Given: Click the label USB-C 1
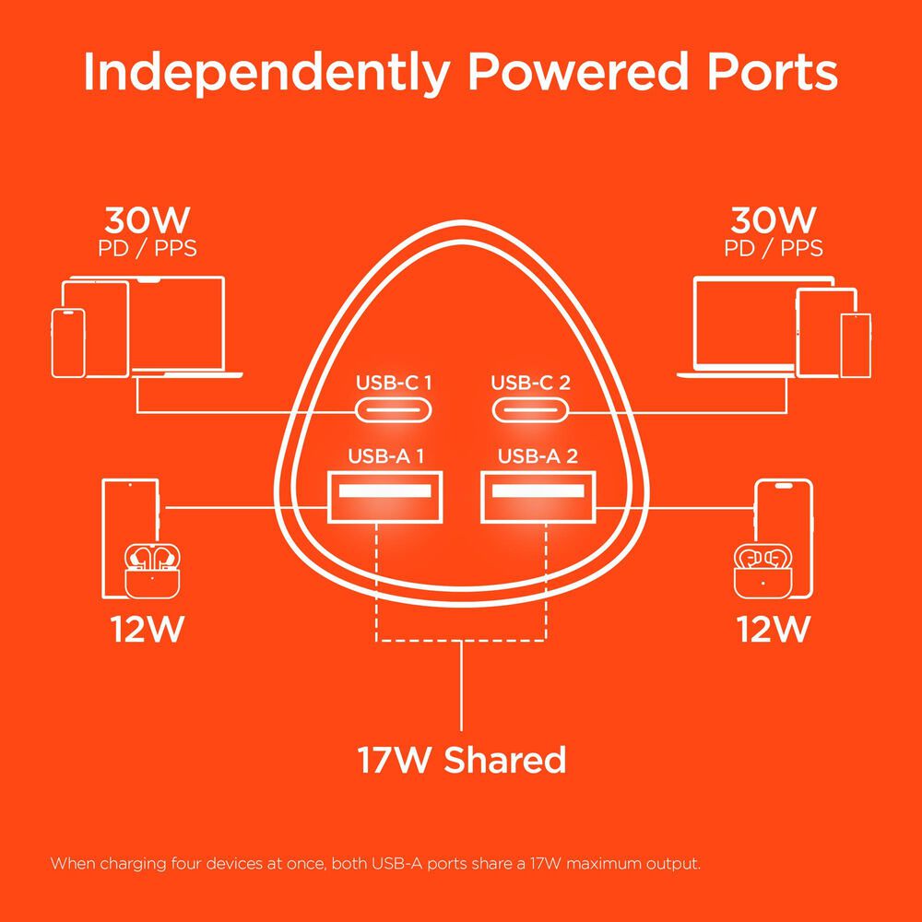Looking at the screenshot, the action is coord(394,383).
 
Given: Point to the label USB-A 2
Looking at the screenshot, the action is coord(538,455).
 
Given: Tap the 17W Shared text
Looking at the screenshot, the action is coord(462,759).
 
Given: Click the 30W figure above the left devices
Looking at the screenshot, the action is coord(147,220).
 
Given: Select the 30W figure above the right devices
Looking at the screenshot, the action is coord(774,220).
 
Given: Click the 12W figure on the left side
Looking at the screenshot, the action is coord(147,629).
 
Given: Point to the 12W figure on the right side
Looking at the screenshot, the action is coord(774,629).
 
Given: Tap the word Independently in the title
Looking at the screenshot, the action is coord(267,73).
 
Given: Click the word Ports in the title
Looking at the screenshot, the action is coord(772,72).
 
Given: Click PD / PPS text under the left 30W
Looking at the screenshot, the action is coord(147,249).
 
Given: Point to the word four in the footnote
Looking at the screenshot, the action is coord(187,864).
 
